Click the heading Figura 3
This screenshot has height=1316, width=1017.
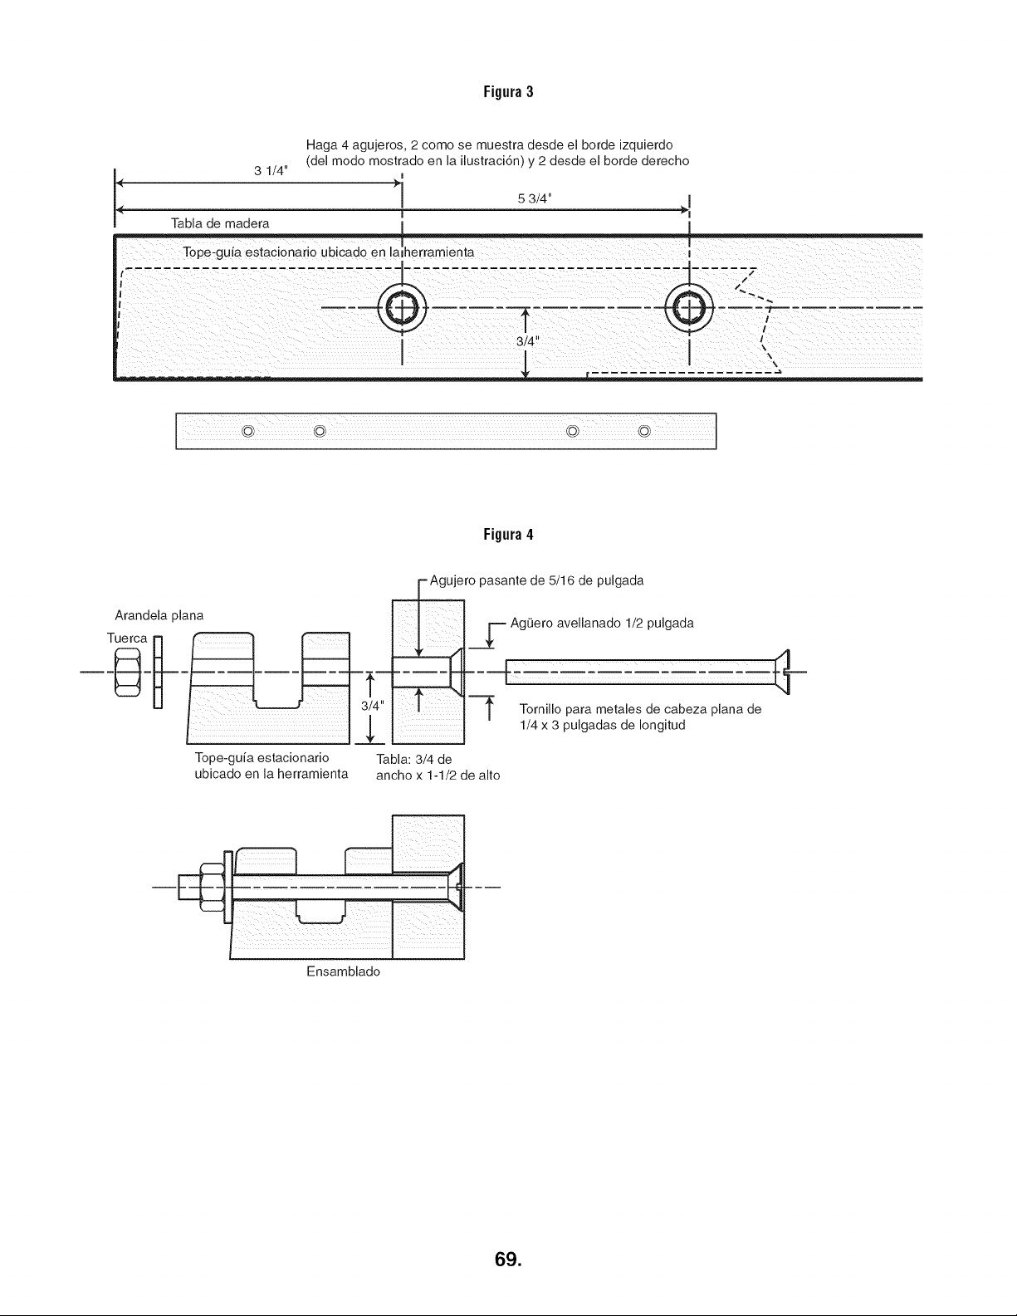(508, 92)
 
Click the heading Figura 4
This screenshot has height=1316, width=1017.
(508, 534)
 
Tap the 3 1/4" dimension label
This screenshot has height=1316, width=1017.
(271, 171)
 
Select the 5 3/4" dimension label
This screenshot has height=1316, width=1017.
(535, 198)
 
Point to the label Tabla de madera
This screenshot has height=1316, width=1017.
(220, 223)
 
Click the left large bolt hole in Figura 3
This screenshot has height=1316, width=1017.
(402, 308)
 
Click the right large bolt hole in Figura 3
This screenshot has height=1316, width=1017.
(689, 308)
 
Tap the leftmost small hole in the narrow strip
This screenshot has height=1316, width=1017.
(247, 431)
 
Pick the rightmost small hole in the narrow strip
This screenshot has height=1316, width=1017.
(644, 431)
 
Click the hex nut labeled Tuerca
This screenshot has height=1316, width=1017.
(128, 673)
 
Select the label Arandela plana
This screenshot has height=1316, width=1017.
(159, 615)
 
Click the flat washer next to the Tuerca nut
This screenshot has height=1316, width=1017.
(158, 673)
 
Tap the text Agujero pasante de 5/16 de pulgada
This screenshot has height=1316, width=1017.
(536, 580)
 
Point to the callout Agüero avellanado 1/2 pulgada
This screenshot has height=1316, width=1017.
(602, 623)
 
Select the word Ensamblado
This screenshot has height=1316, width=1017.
(343, 971)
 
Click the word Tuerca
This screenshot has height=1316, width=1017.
(127, 638)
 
